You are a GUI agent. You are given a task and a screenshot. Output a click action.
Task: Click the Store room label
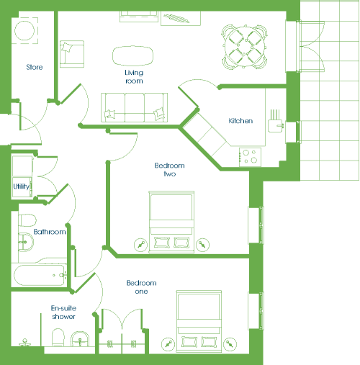35,67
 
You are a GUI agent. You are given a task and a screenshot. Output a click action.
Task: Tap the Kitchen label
240,121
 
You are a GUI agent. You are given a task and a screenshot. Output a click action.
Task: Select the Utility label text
22,186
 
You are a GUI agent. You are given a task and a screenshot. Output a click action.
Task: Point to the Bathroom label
50,232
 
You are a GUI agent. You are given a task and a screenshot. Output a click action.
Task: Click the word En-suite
63,308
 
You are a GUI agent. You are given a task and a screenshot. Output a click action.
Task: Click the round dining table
245,46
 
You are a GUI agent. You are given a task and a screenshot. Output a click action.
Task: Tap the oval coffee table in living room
132,56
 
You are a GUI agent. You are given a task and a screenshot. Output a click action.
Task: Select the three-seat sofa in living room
134,107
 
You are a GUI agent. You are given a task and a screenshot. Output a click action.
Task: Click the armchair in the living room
72,54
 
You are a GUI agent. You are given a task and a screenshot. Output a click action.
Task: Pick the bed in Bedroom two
171,222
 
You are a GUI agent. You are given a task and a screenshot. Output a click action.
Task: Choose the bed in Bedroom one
199,321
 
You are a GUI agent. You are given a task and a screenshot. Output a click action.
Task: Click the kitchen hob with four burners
250,157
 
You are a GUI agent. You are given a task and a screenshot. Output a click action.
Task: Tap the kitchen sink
276,126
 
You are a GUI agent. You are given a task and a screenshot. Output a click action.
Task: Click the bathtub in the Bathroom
40,275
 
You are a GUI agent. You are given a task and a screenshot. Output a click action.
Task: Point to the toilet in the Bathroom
27,220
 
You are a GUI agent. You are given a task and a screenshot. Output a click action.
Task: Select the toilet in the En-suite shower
58,338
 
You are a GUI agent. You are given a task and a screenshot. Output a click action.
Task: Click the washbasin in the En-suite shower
80,339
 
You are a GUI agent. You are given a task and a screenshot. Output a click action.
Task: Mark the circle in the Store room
24,31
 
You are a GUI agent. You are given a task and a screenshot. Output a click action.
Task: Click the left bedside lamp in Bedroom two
140,245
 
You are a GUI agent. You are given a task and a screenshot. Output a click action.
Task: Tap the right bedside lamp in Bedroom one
230,344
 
